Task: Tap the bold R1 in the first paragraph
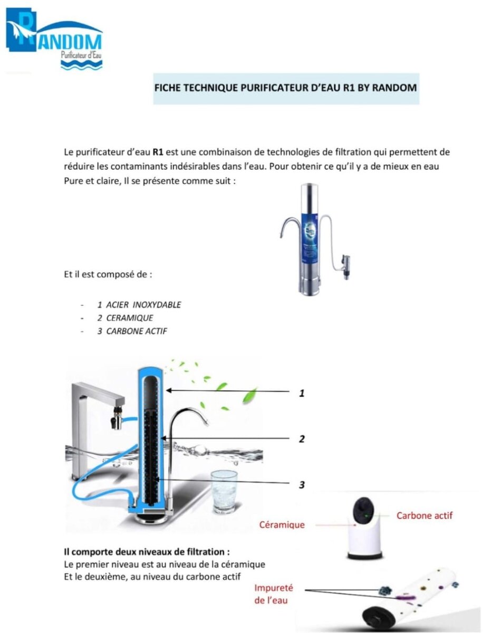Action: tap(158, 152)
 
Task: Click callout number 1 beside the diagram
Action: tap(301, 392)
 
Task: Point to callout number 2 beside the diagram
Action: tap(301, 438)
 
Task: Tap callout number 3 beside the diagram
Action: tap(301, 484)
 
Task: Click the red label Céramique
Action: tap(282, 525)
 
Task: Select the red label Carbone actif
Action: tap(424, 515)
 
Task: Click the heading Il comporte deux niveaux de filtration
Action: tap(147, 552)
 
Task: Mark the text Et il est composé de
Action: tap(108, 274)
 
